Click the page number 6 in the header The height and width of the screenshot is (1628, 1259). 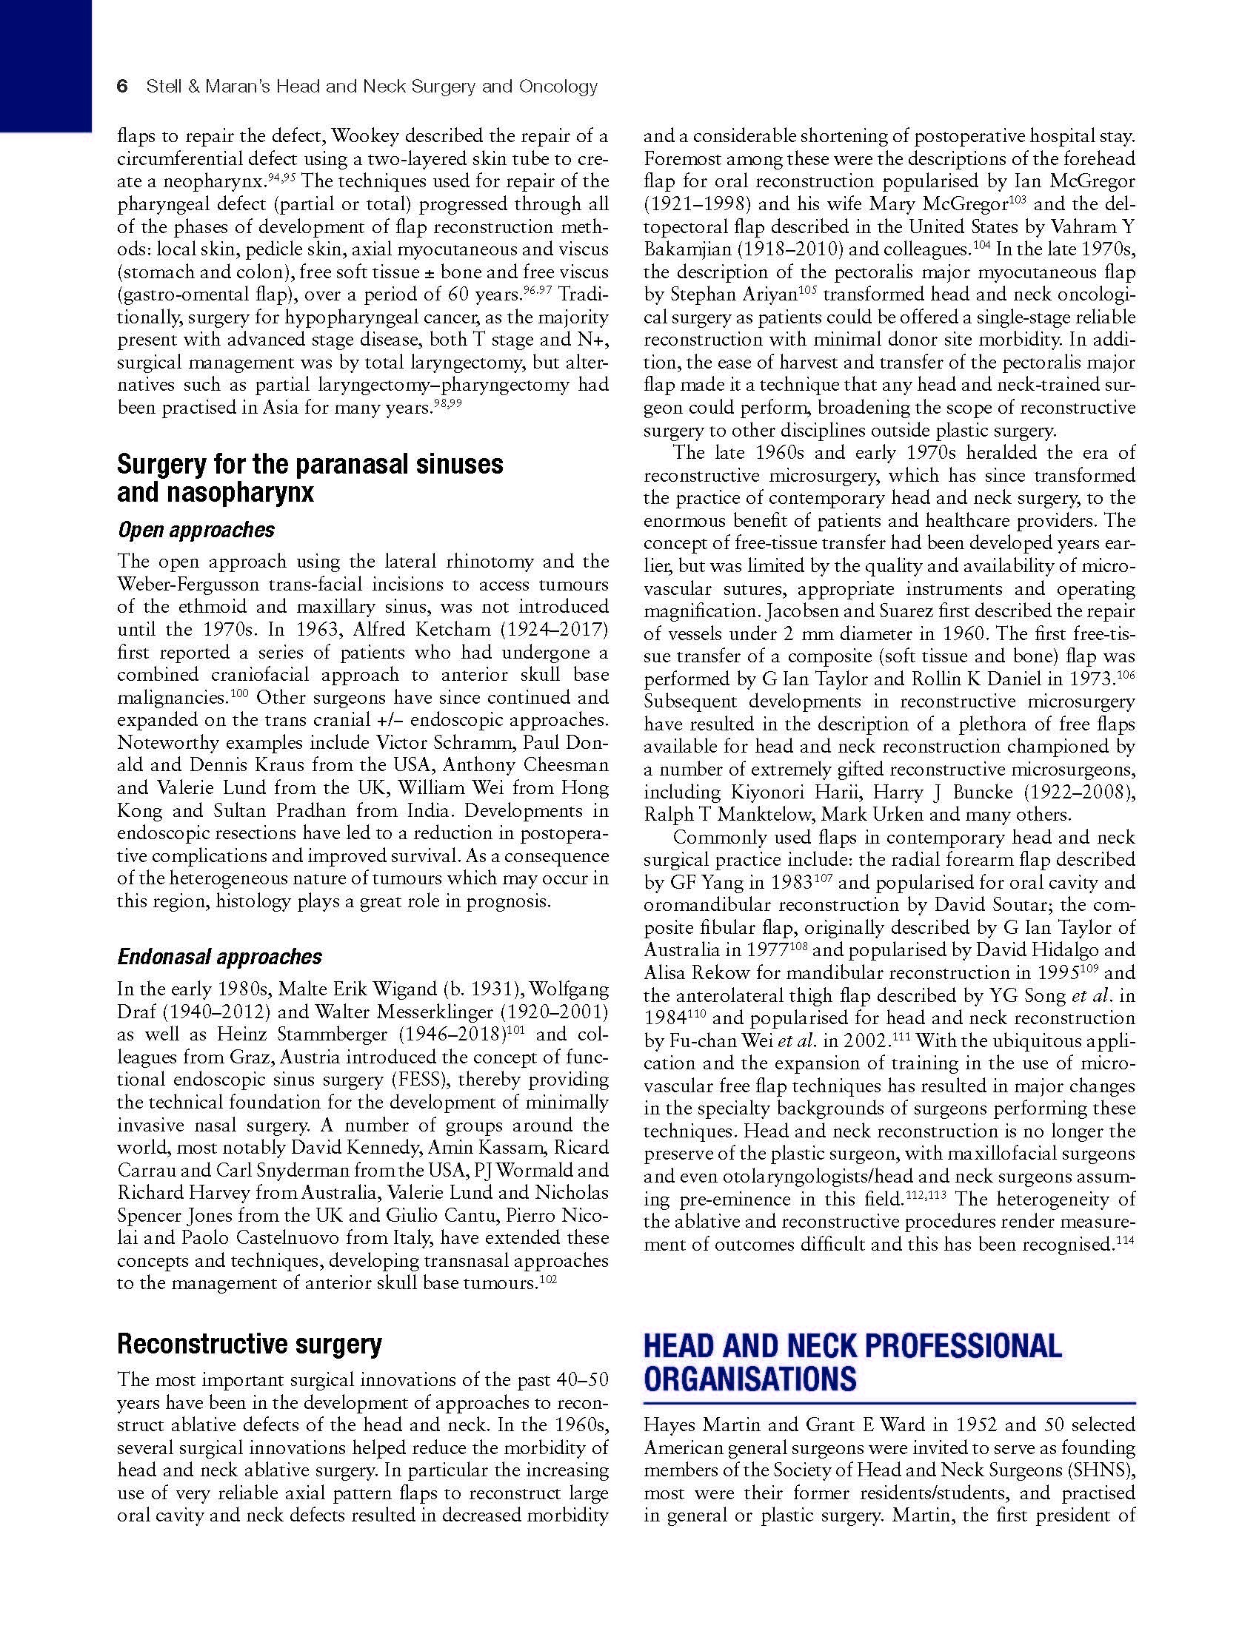click(123, 87)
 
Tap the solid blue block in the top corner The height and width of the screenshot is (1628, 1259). click(44, 64)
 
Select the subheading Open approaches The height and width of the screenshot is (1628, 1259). click(196, 530)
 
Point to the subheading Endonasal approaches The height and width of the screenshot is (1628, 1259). click(220, 956)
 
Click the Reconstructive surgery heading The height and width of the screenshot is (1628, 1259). click(249, 1344)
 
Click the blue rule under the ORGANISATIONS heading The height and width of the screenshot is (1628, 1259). click(889, 1403)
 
